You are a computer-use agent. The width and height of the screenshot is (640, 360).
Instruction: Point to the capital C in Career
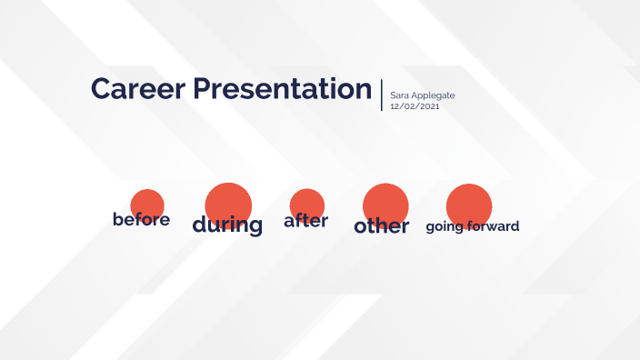pos(101,89)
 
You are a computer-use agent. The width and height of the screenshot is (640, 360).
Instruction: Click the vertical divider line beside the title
pos(382,95)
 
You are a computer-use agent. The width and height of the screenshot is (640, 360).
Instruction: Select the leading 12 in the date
pos(395,106)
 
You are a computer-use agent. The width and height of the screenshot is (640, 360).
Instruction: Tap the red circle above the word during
pos(228,201)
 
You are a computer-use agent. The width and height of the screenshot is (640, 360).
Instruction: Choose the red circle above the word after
pos(307,203)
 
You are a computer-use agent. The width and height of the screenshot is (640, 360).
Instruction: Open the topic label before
pos(141,220)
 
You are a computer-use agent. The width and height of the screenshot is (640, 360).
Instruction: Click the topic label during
pos(227,225)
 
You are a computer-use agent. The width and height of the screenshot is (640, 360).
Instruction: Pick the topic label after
pos(305,221)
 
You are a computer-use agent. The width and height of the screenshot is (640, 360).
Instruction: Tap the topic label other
pos(382,225)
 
